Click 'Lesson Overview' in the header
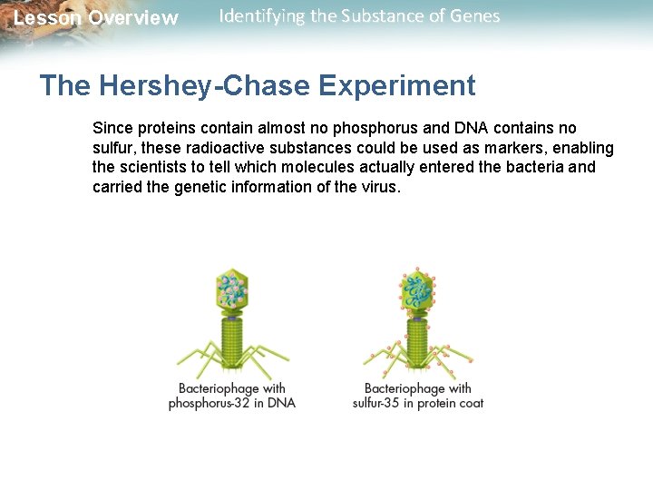click(x=96, y=18)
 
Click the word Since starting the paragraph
click(x=112, y=128)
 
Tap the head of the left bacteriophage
click(x=232, y=289)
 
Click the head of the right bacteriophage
click(x=418, y=291)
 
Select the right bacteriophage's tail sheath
click(x=417, y=345)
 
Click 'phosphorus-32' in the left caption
click(x=213, y=403)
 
